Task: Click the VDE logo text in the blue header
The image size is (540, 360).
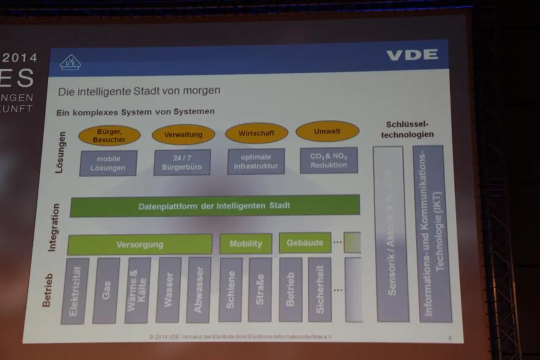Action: pos(412,54)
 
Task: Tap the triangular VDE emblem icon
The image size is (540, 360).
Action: pos(70,62)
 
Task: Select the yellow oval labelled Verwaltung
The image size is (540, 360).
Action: pos(183,135)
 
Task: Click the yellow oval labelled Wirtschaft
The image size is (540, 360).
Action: pos(256,133)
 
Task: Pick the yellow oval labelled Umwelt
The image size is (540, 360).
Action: pos(327,131)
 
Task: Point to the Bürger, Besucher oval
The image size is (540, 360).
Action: pos(109,135)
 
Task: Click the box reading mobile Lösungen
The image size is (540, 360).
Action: pos(108,163)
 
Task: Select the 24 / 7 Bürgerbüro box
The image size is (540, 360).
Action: pos(182,162)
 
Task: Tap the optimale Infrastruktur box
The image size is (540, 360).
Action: pos(256,161)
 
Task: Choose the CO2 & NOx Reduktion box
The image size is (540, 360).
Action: pos(329,160)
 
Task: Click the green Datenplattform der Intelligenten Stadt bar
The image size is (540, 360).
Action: pos(214,206)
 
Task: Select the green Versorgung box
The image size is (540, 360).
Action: pos(140,244)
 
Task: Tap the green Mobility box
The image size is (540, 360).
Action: pos(246,244)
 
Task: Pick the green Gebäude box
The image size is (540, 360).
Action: pos(305,243)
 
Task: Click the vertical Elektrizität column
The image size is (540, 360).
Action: pos(75,291)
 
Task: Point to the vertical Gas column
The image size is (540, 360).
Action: pos(106,291)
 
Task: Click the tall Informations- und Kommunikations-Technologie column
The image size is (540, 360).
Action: pos(432,234)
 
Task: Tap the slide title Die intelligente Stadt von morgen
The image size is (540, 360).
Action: pos(139,91)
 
